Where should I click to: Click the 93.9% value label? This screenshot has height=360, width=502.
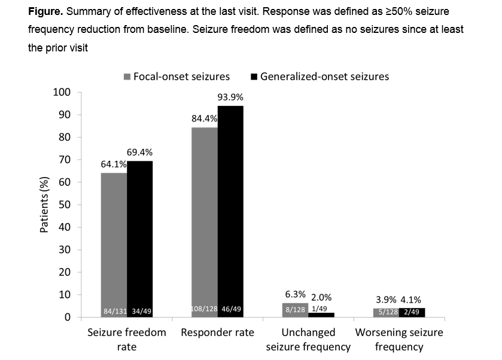(230, 97)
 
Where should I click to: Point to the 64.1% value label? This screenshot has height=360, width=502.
(114, 164)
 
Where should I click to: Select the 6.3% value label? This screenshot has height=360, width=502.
(296, 294)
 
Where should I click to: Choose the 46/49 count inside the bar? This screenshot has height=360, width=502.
(230, 310)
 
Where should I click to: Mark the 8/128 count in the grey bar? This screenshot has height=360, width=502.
(295, 310)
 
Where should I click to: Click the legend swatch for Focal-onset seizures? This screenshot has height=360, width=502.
(127, 77)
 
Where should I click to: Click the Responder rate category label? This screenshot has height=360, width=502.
(217, 332)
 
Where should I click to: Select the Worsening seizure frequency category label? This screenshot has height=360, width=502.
(399, 339)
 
